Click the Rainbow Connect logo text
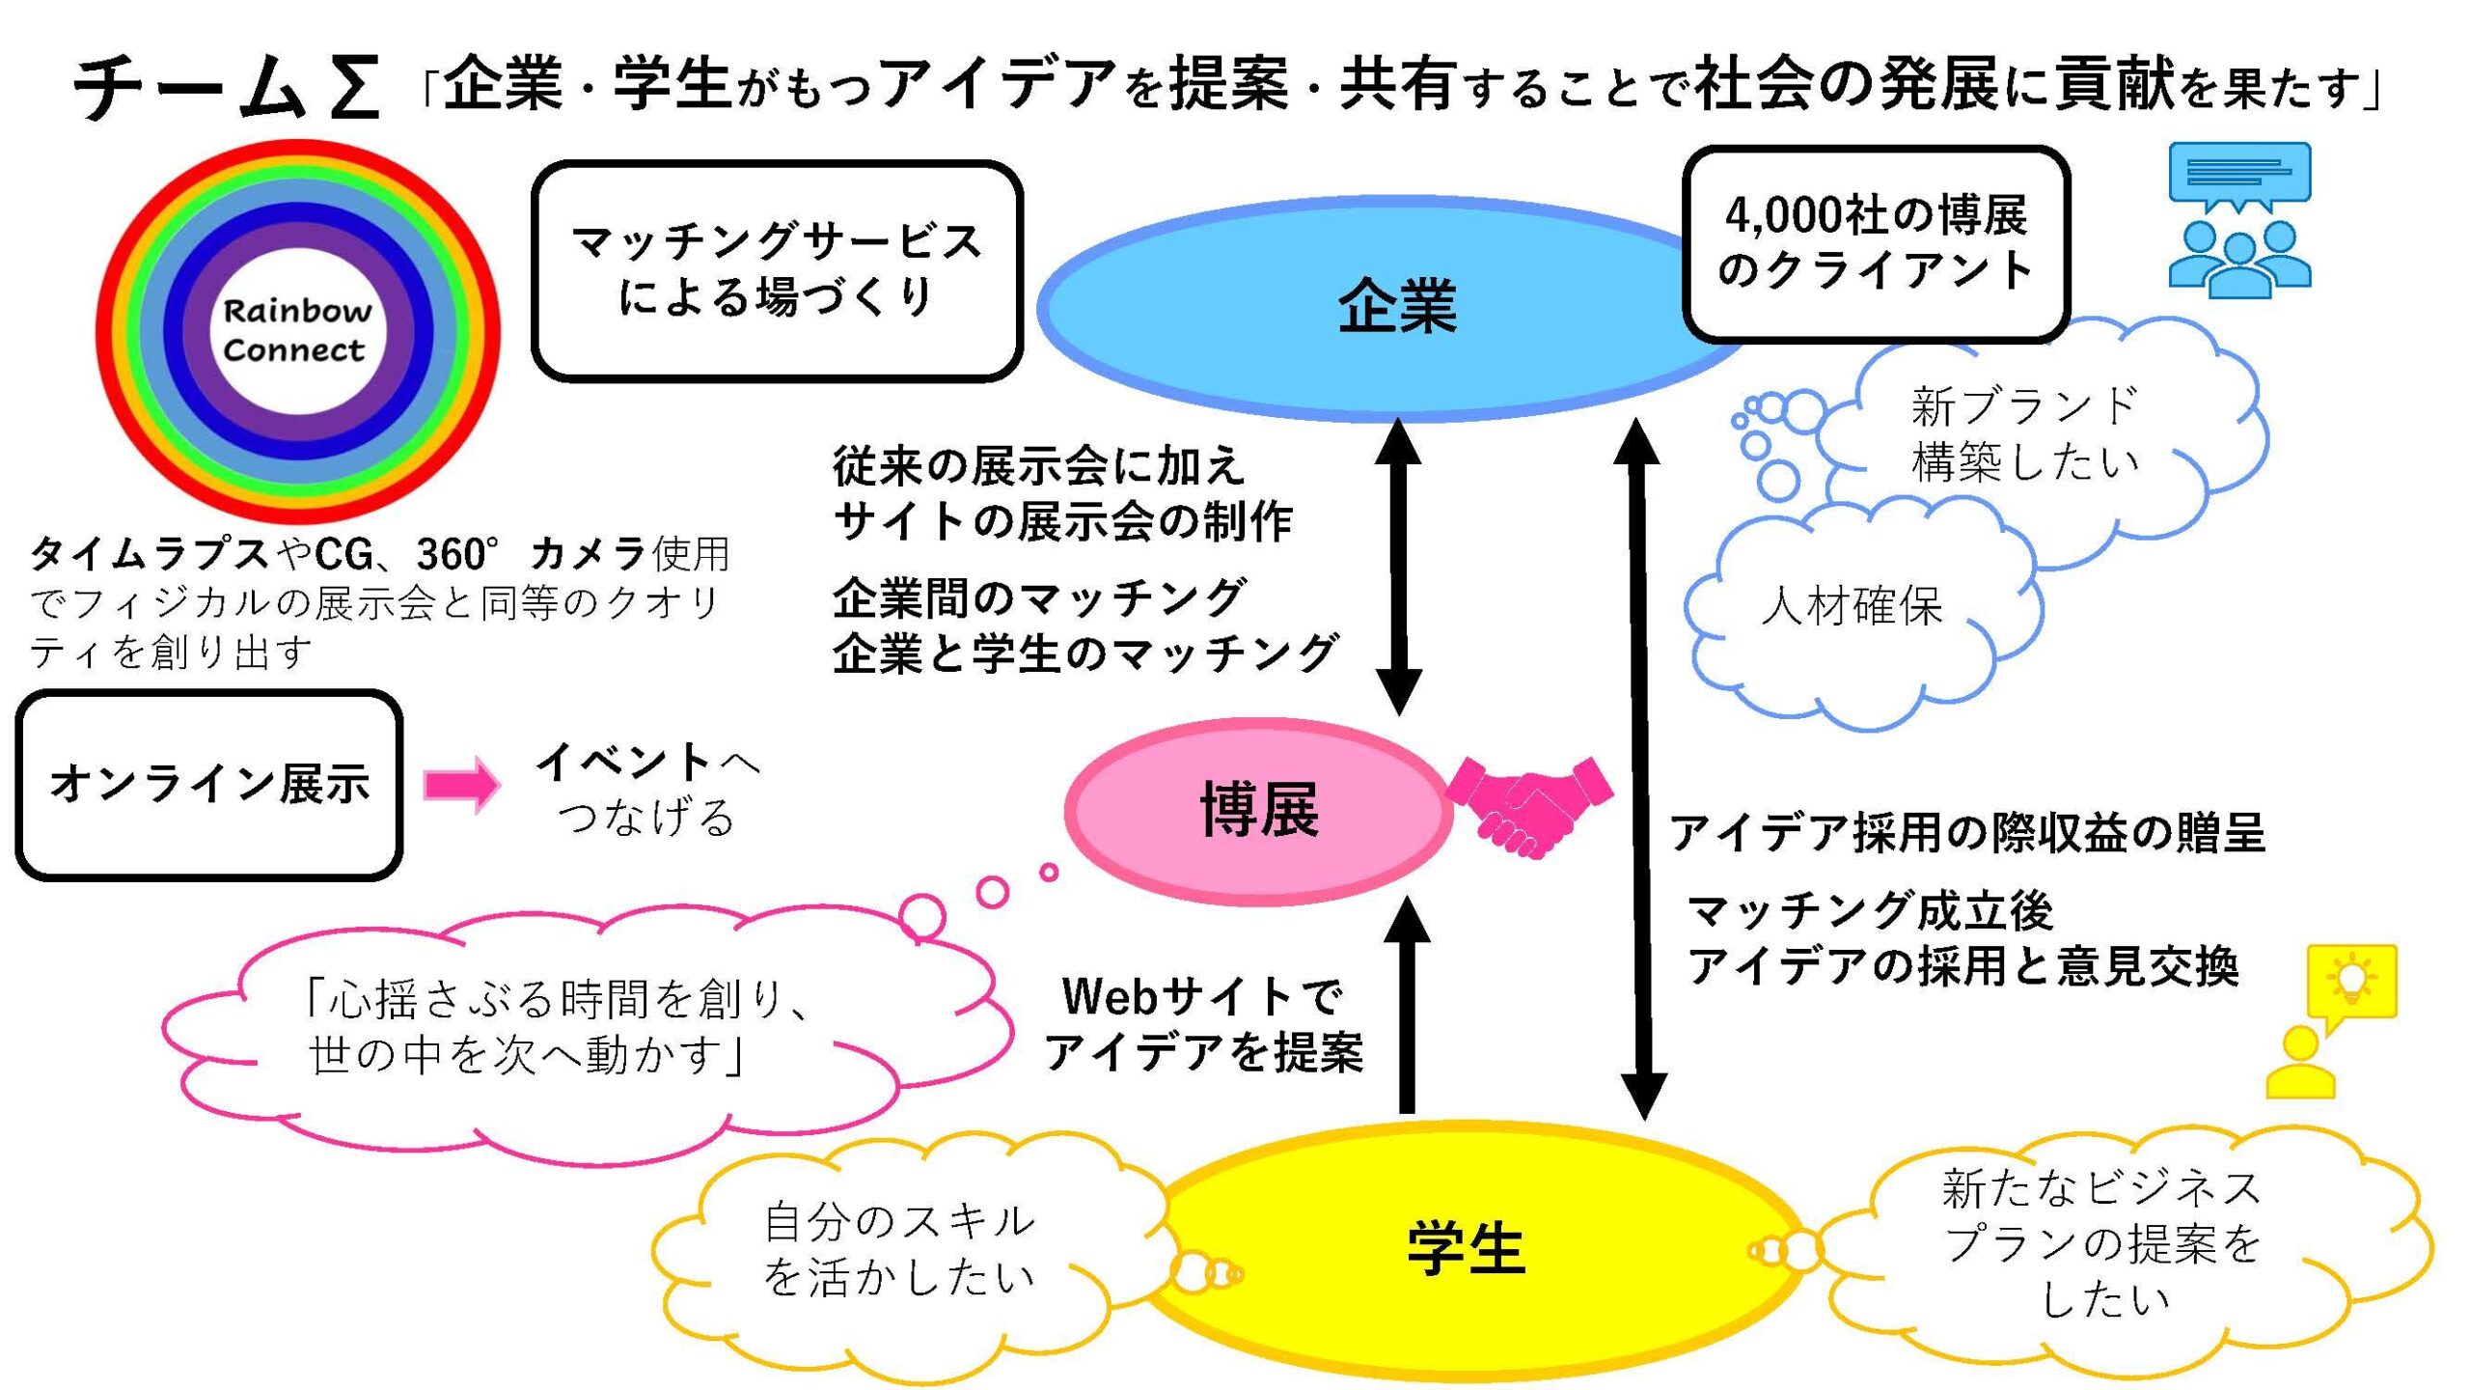pos(295,330)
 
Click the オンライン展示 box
pos(208,784)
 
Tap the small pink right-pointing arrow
pos(461,784)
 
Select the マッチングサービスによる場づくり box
pos(777,270)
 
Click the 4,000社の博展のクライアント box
pos(1876,243)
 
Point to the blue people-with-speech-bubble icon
pos(2238,217)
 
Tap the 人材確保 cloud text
pos(1851,606)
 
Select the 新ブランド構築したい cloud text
pos(2024,434)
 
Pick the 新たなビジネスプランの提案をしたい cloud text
pos(2101,1243)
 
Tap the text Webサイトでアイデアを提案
pos(1204,1025)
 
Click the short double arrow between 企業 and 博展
pos(1398,568)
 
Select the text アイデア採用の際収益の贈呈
pos(1966,833)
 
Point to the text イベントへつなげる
pos(646,790)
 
